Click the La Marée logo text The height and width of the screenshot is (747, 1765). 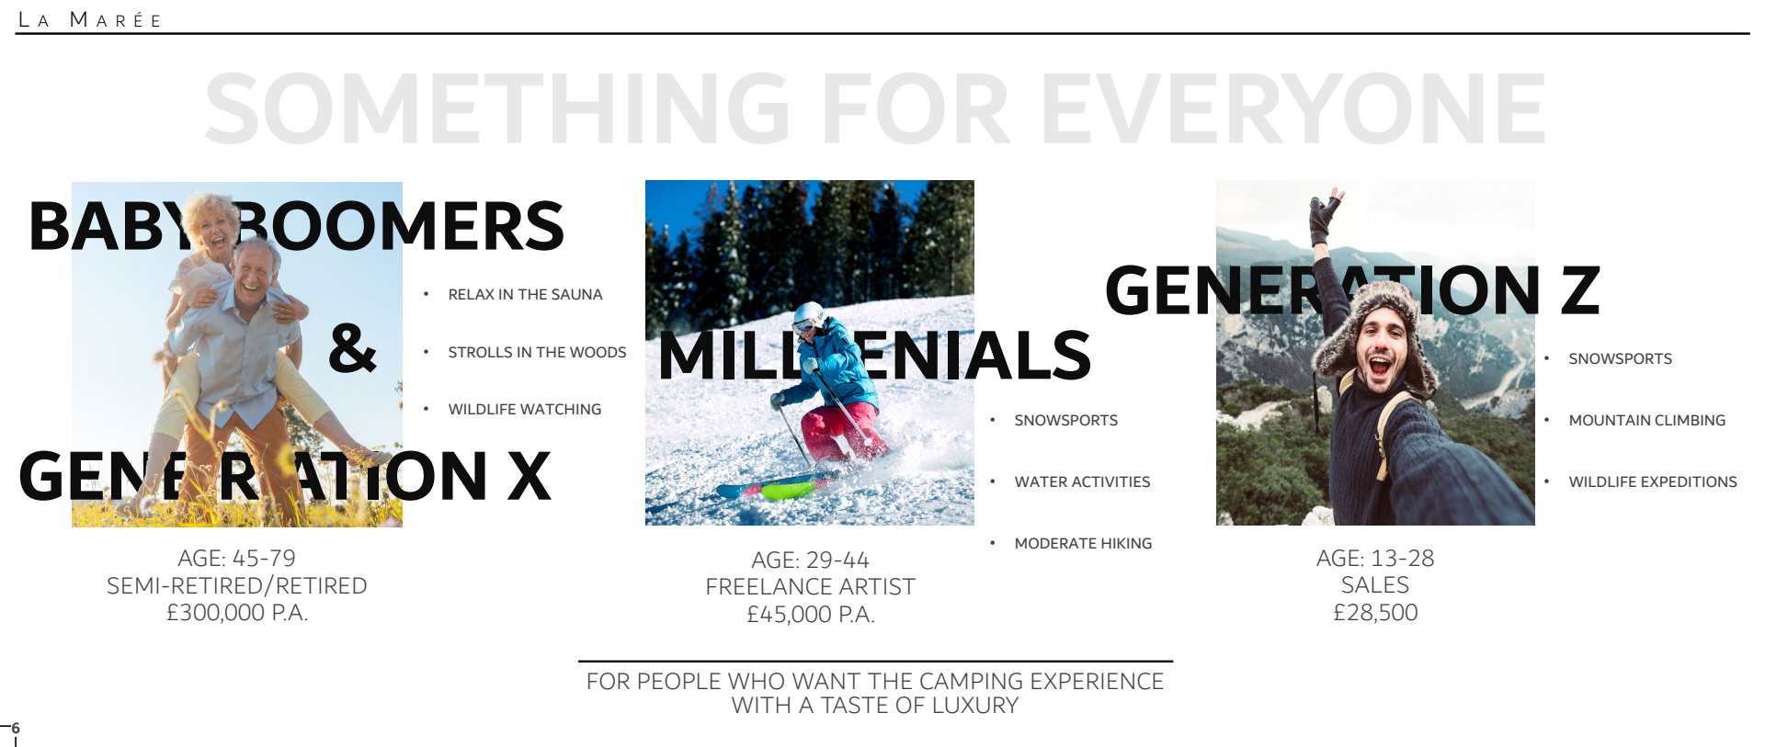coord(90,20)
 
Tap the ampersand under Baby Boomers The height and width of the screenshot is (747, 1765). coord(352,348)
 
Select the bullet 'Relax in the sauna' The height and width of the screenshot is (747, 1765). coord(525,294)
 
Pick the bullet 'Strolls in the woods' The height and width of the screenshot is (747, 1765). coord(537,352)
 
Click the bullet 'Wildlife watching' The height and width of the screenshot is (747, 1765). coord(524,409)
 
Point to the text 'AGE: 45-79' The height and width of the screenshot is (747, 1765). coord(237,558)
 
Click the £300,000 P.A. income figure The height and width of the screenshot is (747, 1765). coord(237,613)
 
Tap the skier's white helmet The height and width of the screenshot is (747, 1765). coord(809,315)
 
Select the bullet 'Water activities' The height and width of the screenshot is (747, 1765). coord(1082,481)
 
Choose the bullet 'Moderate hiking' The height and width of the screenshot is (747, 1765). coord(1083,543)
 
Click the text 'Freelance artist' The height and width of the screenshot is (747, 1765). coord(810,586)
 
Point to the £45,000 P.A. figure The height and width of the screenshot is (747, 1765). coord(810,615)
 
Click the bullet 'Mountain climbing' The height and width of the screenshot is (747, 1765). coord(1646,420)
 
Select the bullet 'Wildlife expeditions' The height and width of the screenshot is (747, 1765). coord(1653,481)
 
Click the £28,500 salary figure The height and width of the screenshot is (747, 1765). coord(1375,613)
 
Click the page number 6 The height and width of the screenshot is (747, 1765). coord(15,728)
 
